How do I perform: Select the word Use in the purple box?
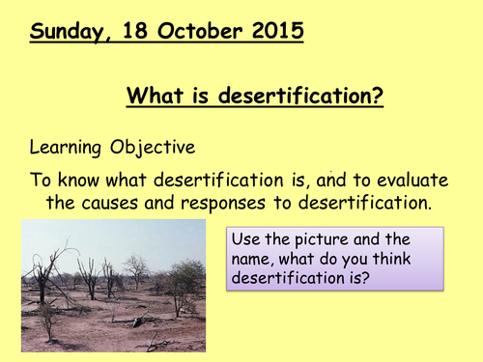click(248, 238)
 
